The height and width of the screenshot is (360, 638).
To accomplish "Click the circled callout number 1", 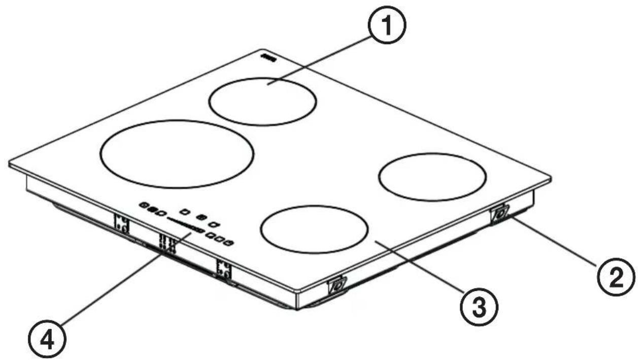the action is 387,25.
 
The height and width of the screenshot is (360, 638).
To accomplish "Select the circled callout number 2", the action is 616,277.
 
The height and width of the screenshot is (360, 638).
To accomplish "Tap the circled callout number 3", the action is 479,307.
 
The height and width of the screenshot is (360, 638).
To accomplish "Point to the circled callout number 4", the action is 47,339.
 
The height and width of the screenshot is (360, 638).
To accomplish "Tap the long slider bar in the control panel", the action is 185,225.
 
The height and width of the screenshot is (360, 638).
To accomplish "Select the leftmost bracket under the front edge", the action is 122,224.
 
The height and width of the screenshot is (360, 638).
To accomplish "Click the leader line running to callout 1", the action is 319,60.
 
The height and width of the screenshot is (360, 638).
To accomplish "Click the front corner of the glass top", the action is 298,291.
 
